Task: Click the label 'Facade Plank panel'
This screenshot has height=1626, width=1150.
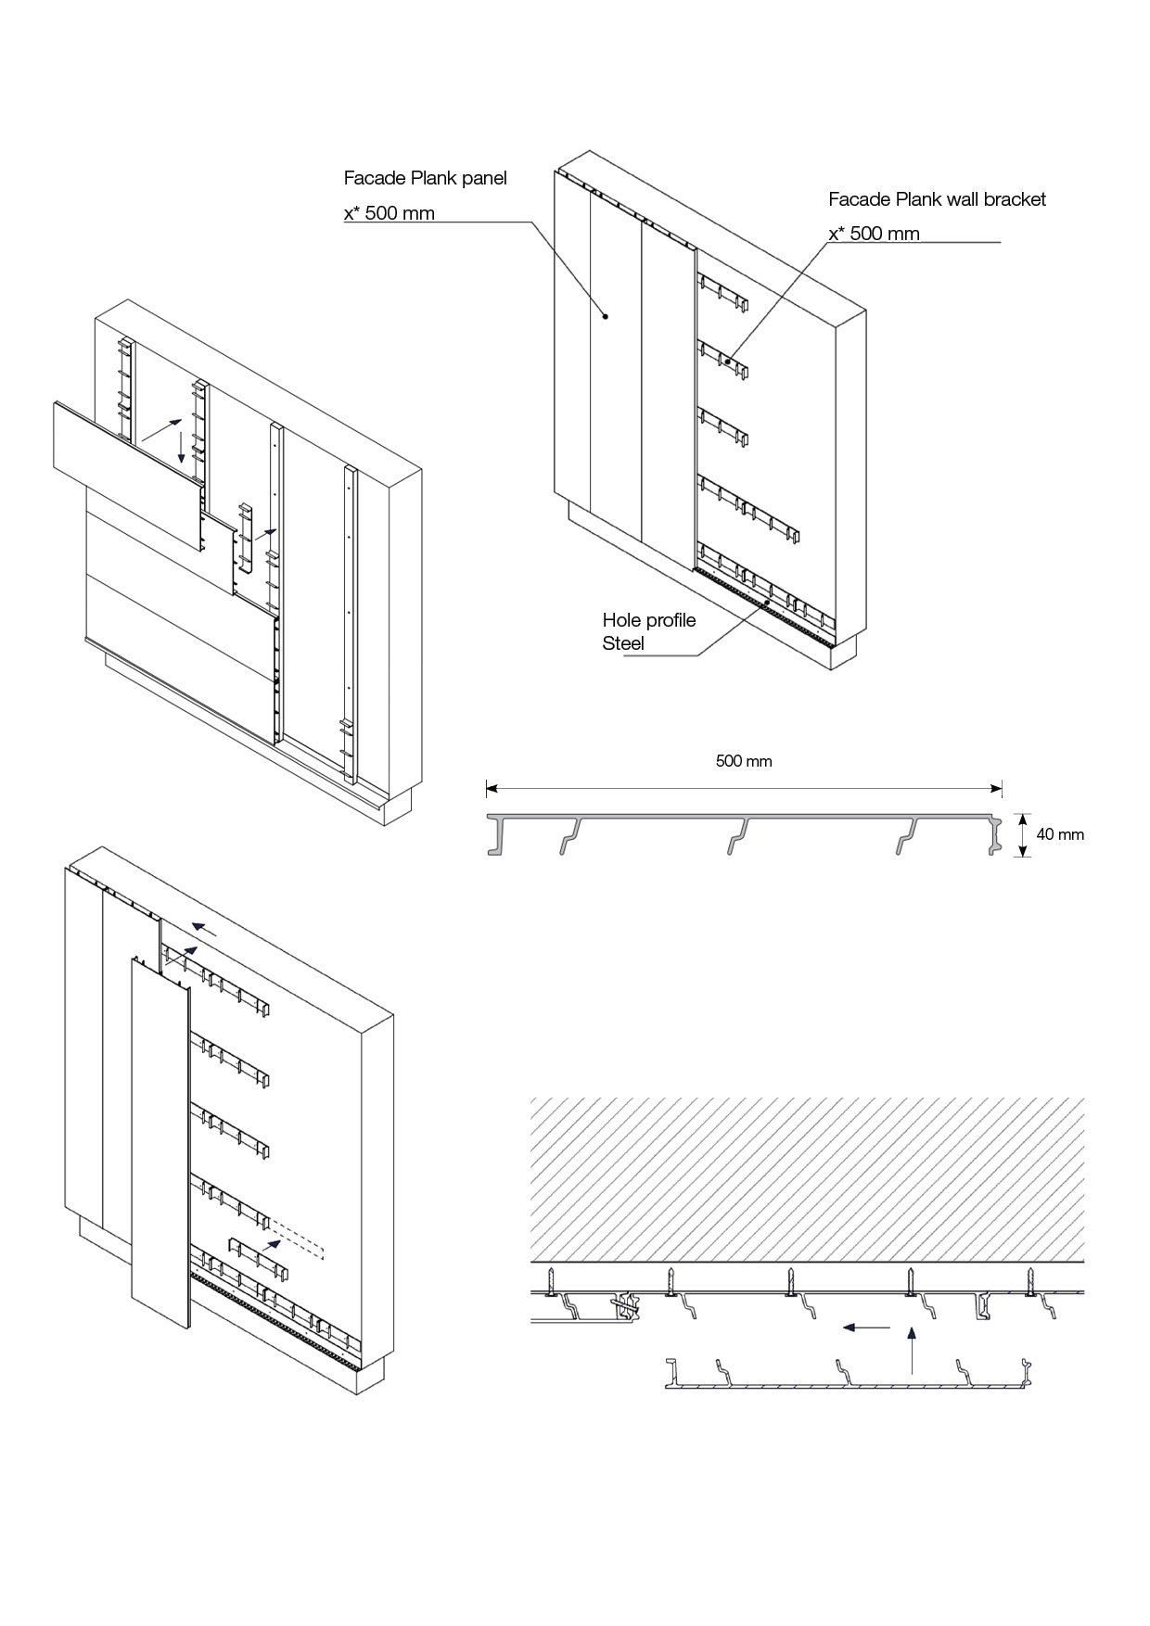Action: [425, 178]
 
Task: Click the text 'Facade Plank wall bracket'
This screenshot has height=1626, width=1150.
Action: [937, 199]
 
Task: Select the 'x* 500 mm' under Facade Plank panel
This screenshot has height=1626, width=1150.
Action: [390, 214]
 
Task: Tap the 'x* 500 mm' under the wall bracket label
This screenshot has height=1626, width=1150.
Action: [874, 234]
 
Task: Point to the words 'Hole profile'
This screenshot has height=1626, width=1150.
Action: [648, 620]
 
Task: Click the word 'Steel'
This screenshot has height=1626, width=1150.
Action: [623, 643]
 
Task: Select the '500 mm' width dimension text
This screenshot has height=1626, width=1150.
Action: [744, 761]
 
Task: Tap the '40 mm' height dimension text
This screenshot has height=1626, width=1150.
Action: [1060, 834]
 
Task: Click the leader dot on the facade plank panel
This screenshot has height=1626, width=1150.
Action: [606, 316]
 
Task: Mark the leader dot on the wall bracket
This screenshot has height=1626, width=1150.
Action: [728, 362]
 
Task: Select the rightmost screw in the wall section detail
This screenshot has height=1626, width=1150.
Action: [1029, 1283]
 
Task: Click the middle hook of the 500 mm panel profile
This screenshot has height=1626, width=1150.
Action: [736, 834]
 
